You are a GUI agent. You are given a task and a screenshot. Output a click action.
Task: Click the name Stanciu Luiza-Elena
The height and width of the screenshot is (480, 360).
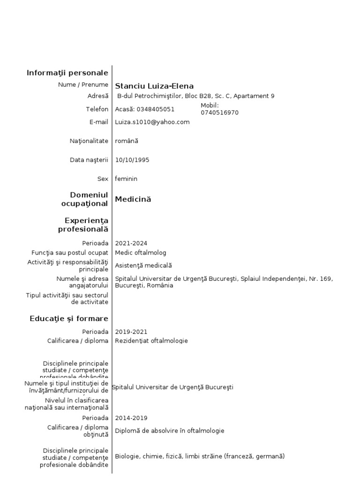click(x=154, y=86)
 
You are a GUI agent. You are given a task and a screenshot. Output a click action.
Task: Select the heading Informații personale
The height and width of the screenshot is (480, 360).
click(x=67, y=73)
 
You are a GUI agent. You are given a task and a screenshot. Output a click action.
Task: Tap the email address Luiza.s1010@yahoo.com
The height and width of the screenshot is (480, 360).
click(x=152, y=122)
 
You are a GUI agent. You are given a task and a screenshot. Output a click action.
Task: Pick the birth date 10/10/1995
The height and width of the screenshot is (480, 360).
click(x=132, y=160)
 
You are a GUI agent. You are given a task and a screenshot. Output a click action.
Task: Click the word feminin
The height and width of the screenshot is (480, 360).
click(x=126, y=179)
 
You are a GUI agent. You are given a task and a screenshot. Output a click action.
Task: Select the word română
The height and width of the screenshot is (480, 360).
click(x=127, y=141)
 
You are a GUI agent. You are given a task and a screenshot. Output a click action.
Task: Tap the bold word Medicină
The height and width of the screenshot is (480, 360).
click(x=133, y=199)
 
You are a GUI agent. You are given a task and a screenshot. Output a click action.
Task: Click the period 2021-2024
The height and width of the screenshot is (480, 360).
click(x=131, y=243)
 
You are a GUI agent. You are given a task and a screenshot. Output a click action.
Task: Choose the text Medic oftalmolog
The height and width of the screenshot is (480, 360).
click(x=141, y=253)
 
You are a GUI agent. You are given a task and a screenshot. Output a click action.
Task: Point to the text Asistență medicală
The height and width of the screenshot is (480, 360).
click(x=144, y=265)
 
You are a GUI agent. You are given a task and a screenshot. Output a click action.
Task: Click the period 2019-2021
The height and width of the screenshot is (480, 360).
click(x=131, y=331)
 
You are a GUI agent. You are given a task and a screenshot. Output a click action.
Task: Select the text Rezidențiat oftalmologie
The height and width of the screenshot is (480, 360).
click(x=151, y=341)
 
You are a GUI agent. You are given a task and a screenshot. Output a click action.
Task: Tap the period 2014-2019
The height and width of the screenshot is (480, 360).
click(x=131, y=418)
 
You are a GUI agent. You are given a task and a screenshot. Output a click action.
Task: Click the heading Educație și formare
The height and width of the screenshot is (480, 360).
click(x=69, y=319)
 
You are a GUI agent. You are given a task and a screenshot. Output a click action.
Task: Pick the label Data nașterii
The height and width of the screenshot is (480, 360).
click(x=89, y=160)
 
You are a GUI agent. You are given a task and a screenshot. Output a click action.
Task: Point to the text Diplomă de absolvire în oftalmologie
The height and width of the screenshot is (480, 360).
click(x=170, y=431)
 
